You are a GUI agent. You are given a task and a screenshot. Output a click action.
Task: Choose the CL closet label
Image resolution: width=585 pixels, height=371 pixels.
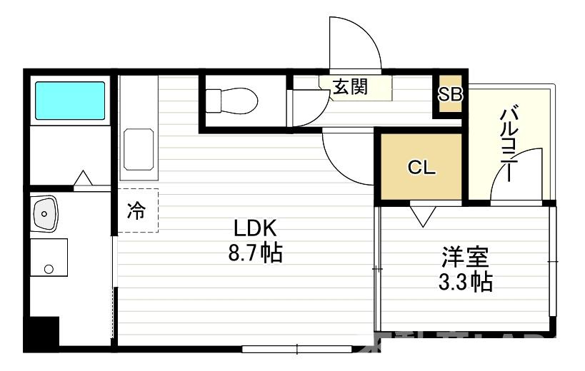pyautogui.click(x=421, y=168)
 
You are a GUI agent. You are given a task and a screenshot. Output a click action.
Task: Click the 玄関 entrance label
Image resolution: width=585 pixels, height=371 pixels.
pyautogui.click(x=349, y=87)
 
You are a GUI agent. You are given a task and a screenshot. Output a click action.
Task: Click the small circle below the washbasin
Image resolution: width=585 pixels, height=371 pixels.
pyautogui.click(x=49, y=269)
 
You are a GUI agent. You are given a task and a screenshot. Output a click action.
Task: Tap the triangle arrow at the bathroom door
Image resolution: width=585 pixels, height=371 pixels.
pyautogui.click(x=83, y=178)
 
